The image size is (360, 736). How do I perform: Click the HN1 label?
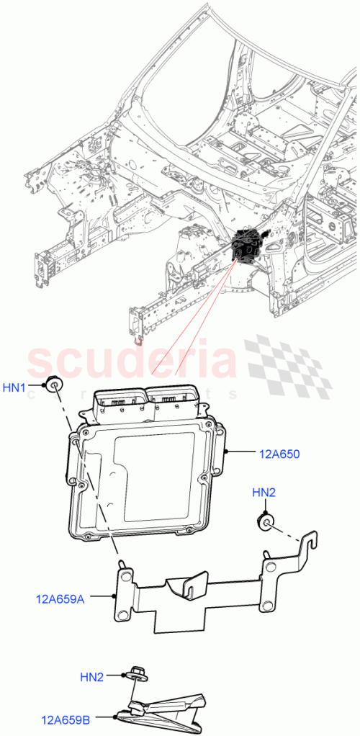tap(14, 387)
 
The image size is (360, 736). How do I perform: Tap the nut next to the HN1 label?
tap(53, 383)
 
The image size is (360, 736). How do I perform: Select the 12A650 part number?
tap(279, 454)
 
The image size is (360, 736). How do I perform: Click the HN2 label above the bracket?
tap(264, 492)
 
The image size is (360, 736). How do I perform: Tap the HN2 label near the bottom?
tap(91, 676)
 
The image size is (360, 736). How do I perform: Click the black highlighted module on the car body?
tap(248, 247)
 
